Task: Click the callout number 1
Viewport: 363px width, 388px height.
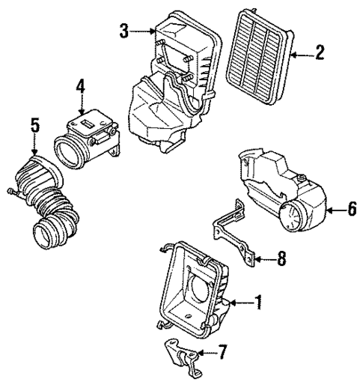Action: (x=257, y=303)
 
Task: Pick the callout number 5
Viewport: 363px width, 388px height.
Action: (x=33, y=124)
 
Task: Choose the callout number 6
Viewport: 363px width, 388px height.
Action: (x=351, y=210)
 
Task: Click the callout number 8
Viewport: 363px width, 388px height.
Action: (x=281, y=259)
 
